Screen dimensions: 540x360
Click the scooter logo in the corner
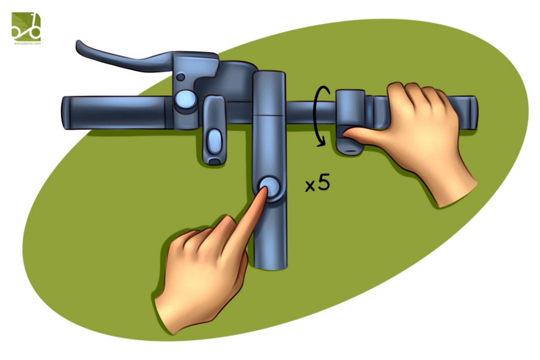click(x=26, y=27)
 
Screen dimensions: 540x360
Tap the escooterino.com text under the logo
click(x=27, y=43)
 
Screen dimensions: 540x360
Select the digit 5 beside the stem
click(x=323, y=182)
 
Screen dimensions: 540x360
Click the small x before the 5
click(x=310, y=186)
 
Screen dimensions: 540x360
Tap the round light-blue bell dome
click(x=185, y=99)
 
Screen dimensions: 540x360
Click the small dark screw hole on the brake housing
click(x=181, y=77)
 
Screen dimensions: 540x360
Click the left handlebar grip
click(x=116, y=113)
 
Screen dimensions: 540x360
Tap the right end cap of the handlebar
click(x=473, y=113)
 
